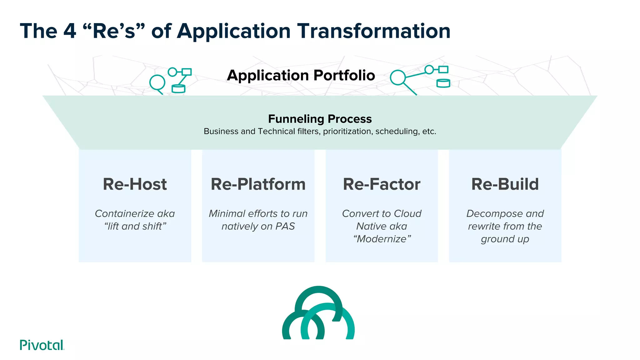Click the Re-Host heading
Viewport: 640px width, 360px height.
pos(135,184)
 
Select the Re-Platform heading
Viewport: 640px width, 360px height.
pos(258,184)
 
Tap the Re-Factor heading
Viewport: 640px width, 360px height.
pos(382,184)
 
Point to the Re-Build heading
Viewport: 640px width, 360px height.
pos(505,184)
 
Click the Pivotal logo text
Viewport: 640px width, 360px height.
pos(42,345)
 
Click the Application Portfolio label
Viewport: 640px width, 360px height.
pos(301,75)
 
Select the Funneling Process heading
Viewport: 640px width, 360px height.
pos(320,119)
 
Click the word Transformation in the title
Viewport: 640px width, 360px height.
pos(373,31)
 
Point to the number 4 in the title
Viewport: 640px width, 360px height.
pos(70,31)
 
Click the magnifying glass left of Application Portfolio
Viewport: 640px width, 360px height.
pos(157,83)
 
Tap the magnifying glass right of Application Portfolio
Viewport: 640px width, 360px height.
pos(398,78)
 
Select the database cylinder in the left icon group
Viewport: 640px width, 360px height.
pos(178,89)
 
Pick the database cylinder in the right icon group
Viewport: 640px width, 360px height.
pos(443,83)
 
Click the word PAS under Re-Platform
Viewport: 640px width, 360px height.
pos(285,226)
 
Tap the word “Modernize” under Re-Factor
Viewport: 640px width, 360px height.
pos(382,239)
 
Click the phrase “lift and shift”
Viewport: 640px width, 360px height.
pos(135,226)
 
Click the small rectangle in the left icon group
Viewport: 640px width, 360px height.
pos(187,72)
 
